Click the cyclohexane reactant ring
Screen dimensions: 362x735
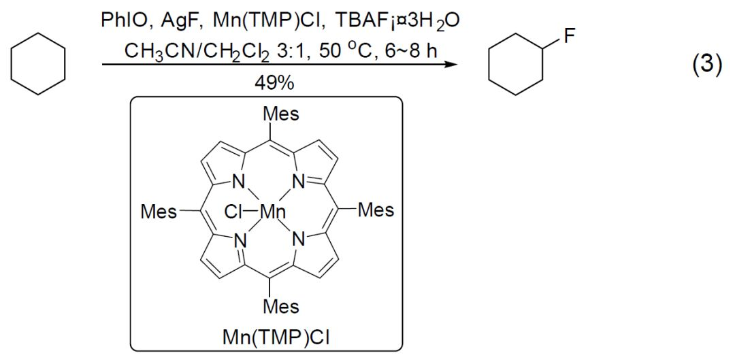pos(38,65)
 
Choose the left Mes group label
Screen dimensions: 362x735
pos(157,212)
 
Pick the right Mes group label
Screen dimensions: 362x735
pos(376,210)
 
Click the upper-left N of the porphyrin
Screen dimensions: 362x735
pos(238,182)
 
